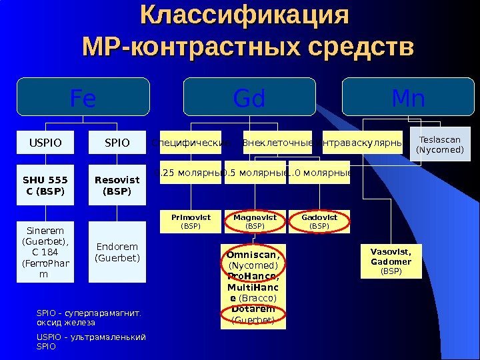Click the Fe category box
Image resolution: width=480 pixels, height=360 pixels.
click(x=83, y=98)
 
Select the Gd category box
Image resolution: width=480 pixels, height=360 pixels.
click(x=249, y=98)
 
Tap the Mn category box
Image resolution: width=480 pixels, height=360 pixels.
click(x=408, y=98)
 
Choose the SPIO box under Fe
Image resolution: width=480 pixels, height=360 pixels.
click(x=117, y=142)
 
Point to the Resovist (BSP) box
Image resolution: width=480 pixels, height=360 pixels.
click(x=117, y=186)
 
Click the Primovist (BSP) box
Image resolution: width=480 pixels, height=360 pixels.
click(x=191, y=221)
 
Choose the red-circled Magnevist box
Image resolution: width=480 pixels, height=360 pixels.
click(x=255, y=221)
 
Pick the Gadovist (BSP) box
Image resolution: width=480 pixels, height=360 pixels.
click(x=319, y=221)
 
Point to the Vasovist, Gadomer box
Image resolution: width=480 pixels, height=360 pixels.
click(x=391, y=261)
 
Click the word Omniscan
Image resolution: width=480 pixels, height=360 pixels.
click(x=253, y=255)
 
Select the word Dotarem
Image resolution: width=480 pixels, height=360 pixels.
click(x=253, y=309)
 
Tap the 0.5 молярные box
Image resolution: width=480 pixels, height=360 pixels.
click(x=255, y=173)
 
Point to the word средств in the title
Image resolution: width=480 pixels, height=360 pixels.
click(x=360, y=48)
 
